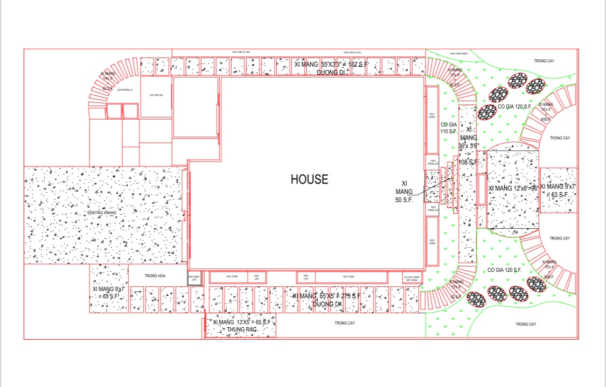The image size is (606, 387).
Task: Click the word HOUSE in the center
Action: (x=309, y=179)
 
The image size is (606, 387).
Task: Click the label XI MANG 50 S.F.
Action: (x=404, y=191)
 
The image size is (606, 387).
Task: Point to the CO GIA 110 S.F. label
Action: (x=448, y=128)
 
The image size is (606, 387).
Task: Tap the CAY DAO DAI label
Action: (x=156, y=95)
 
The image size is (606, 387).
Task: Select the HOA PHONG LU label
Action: (x=124, y=90)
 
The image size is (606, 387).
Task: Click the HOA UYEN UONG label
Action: (x=459, y=54)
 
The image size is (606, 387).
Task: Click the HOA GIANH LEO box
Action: (x=194, y=278)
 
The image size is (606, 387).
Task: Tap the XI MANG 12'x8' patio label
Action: (x=512, y=188)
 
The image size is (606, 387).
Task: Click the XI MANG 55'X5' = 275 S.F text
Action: (x=326, y=296)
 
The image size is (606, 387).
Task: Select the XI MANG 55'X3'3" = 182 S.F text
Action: (x=330, y=64)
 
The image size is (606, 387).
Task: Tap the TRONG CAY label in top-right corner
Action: (x=544, y=61)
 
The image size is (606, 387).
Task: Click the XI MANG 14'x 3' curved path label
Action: (x=108, y=76)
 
